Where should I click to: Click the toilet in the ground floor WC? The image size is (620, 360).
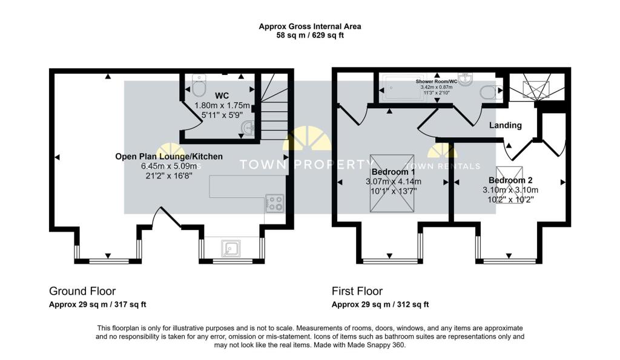[198, 87]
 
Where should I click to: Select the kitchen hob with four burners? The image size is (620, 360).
[275, 203]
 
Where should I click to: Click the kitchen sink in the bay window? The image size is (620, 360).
[231, 247]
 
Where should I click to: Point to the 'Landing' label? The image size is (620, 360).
[506, 125]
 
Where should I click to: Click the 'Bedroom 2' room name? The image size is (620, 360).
[510, 180]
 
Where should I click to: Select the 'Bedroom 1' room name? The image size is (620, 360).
[393, 172]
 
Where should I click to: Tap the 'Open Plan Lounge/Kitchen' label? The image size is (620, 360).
[169, 156]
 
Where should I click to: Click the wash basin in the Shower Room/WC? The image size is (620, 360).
[466, 79]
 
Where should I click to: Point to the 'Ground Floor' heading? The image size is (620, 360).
[82, 291]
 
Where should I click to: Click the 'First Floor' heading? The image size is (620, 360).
[357, 291]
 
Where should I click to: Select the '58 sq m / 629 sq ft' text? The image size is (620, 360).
[310, 36]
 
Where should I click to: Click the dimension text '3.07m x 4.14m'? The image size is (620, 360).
[393, 182]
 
